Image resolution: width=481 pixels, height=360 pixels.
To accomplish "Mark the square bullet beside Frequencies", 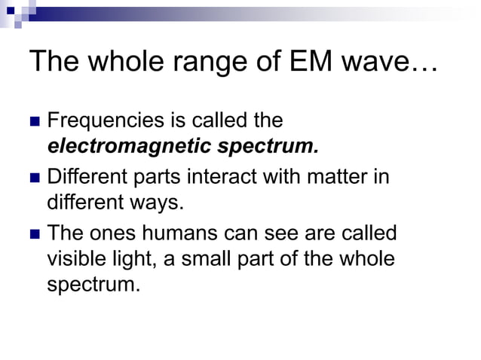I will (x=35, y=121).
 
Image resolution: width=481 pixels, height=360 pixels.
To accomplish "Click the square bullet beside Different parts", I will (x=35, y=178).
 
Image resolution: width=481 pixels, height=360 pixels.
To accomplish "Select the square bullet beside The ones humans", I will (x=35, y=234).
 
